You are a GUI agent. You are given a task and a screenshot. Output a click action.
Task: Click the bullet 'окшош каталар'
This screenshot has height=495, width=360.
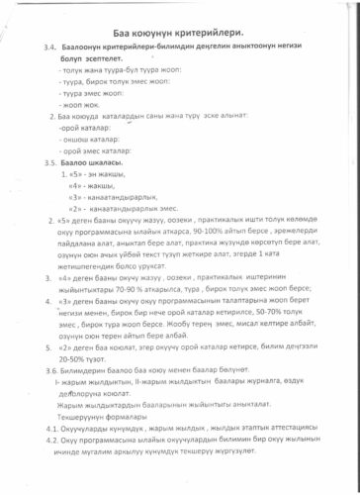pyautogui.click(x=90, y=140)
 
